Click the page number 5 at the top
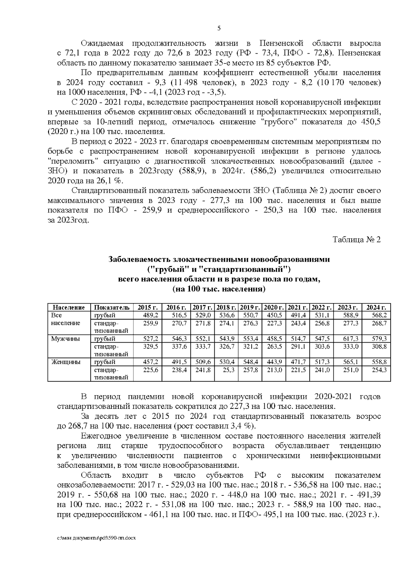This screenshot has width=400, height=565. click(219, 29)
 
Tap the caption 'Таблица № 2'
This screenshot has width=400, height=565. click(356, 240)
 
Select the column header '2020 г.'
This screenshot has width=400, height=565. click(274, 307)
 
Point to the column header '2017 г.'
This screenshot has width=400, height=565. click(203, 307)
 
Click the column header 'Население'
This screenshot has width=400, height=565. click(69, 307)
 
